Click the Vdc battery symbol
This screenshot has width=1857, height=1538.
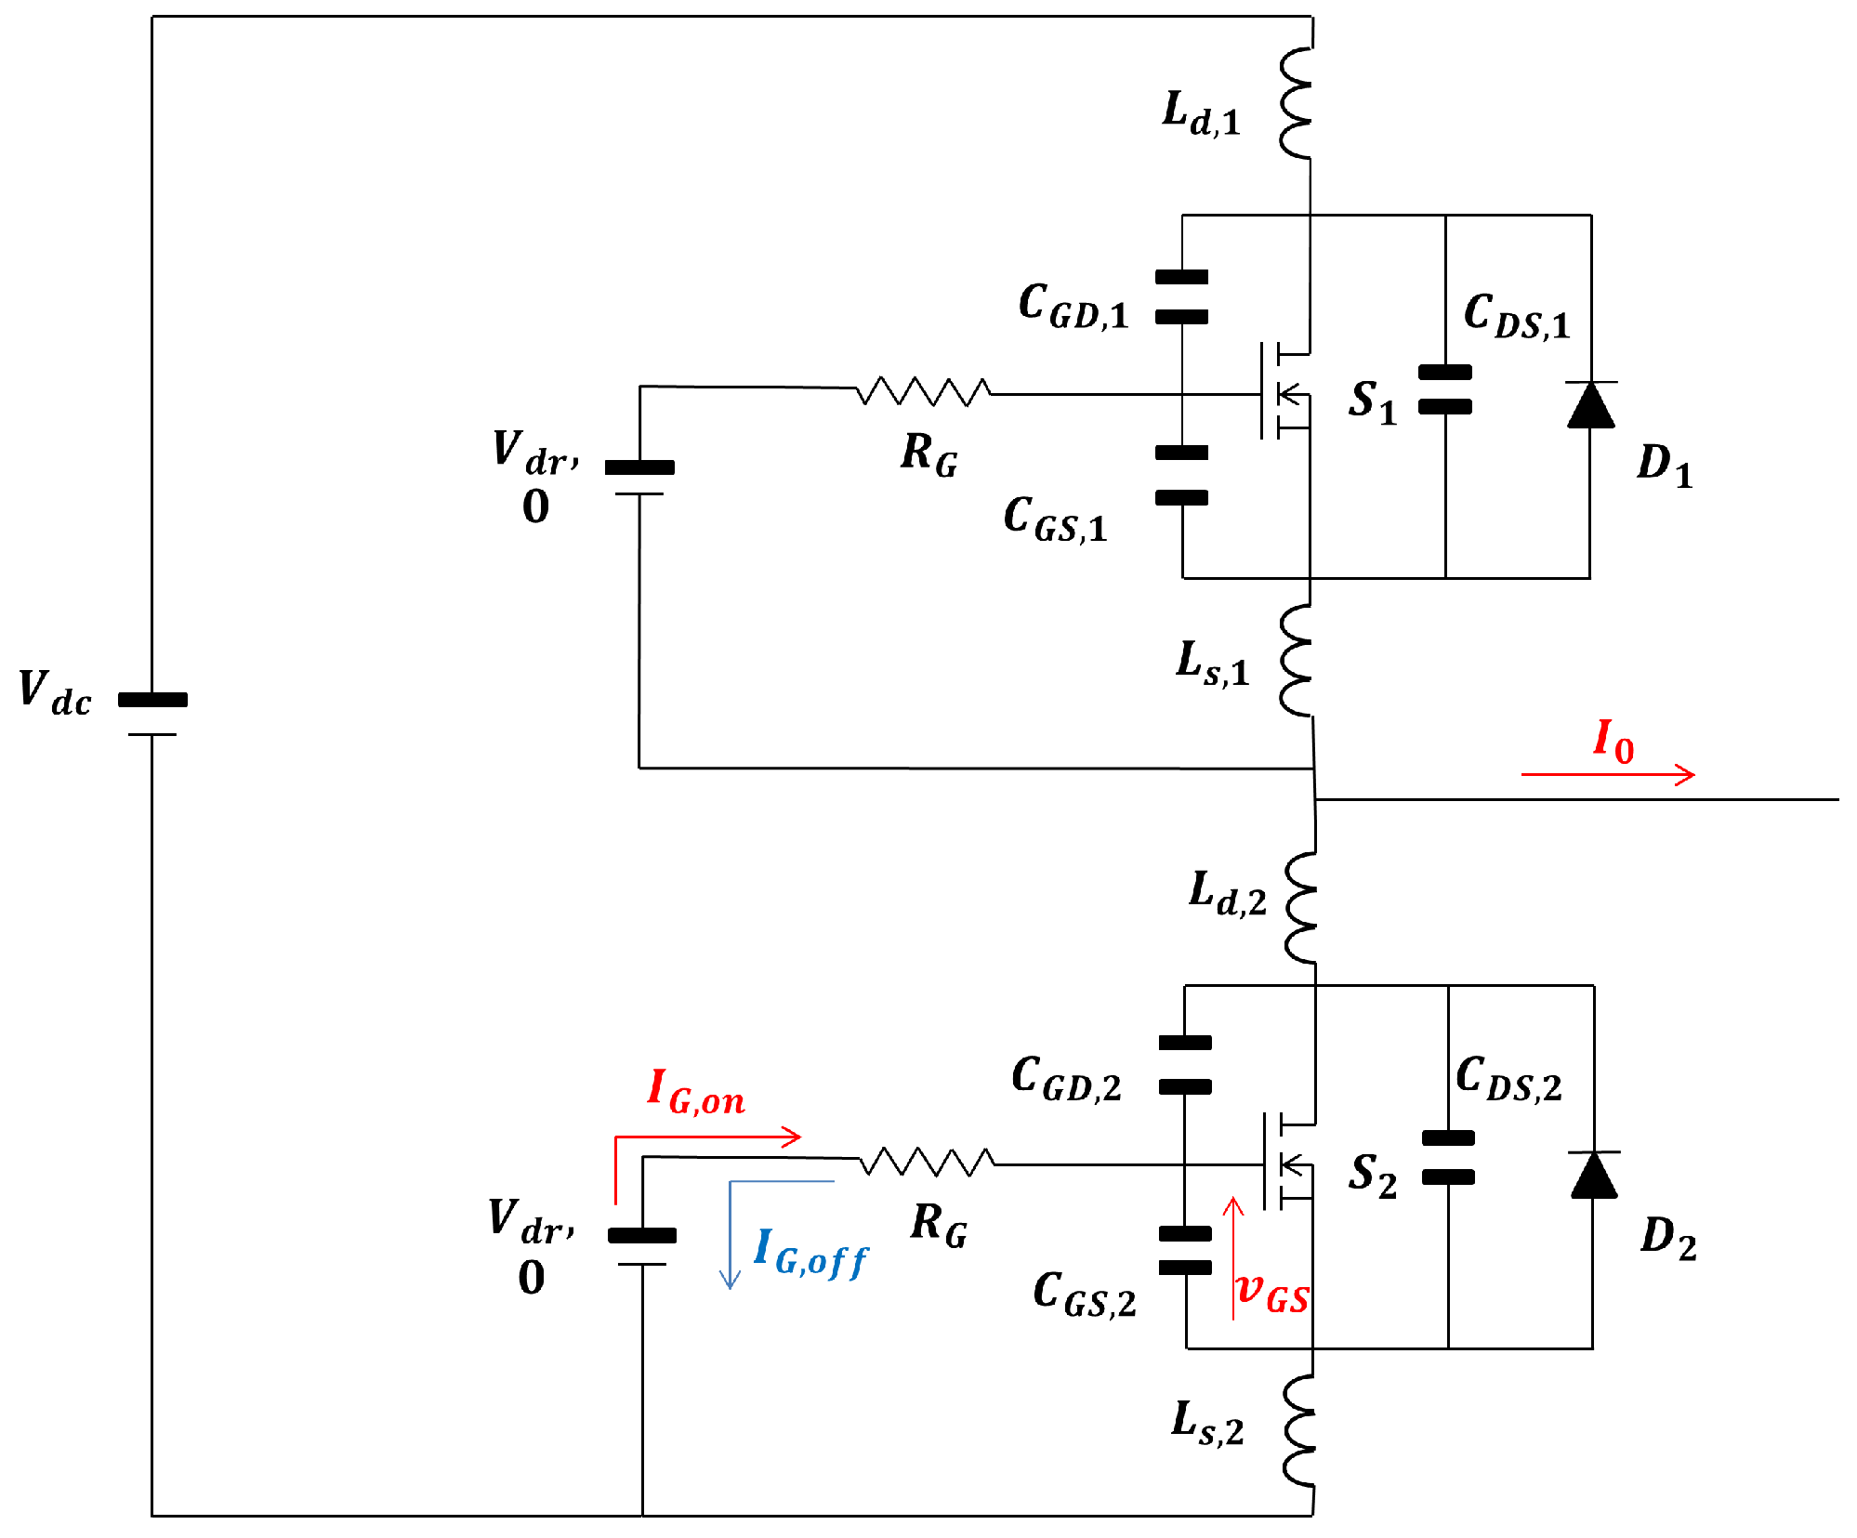tap(152, 716)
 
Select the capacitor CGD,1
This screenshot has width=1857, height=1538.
tap(1181, 296)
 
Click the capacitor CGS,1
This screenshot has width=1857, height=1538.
tap(1181, 475)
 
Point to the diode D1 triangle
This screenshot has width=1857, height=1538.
tap(1590, 405)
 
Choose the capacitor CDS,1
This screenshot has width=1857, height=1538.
tap(1444, 389)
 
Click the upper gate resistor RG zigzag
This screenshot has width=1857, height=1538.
tap(923, 391)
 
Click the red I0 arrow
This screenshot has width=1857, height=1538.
tap(1608, 773)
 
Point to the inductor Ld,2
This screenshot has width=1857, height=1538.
tap(1301, 906)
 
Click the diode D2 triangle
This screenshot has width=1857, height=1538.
tap(1593, 1175)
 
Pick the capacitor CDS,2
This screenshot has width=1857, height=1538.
tap(1447, 1157)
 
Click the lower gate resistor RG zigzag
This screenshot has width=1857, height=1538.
tap(927, 1162)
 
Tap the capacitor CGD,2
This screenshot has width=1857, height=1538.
tap(1185, 1064)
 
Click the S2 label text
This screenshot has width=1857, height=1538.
tap(1373, 1176)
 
